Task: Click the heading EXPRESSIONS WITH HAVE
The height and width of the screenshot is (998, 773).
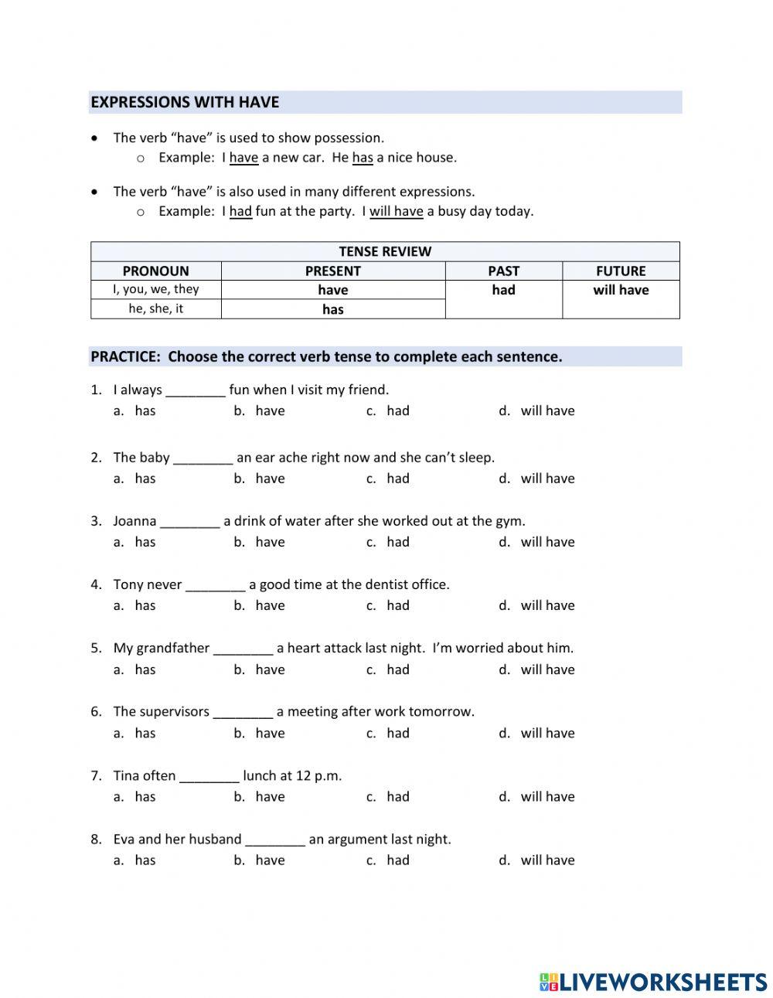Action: point(185,102)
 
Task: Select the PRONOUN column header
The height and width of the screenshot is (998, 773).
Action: point(155,271)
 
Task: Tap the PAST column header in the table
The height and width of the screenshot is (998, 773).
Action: point(503,271)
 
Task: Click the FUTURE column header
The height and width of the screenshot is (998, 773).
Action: point(621,271)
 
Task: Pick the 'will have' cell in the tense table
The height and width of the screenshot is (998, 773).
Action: point(621,290)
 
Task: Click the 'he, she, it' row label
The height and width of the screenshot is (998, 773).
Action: point(155,308)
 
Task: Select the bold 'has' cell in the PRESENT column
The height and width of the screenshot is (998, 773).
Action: point(332,309)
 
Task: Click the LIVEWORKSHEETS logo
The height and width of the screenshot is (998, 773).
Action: point(653,982)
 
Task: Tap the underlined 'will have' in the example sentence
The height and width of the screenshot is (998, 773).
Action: point(396,211)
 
